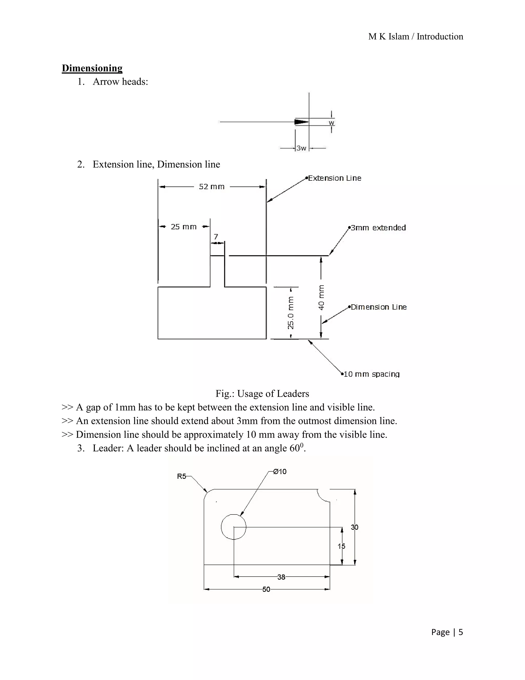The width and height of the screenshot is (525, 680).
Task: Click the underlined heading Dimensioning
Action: tap(92, 68)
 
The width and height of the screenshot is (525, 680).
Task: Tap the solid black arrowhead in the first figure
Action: tap(301, 122)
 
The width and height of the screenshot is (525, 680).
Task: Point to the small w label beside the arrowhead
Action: tap(331, 123)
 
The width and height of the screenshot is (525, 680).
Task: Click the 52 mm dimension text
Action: tap(211, 187)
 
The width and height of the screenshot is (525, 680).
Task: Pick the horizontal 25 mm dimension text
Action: tap(184, 227)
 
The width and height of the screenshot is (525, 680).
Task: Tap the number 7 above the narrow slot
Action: tap(216, 237)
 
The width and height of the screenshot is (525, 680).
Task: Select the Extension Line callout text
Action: tap(335, 178)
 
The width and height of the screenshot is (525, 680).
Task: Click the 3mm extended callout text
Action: tap(378, 228)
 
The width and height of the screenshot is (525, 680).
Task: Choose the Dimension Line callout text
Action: tap(379, 307)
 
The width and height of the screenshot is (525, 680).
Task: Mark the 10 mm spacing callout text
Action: tap(371, 374)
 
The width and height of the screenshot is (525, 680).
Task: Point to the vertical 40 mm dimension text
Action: tap(321, 298)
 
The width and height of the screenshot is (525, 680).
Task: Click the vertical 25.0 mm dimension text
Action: tap(290, 313)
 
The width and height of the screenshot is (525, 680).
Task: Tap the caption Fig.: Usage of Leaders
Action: tap(262, 394)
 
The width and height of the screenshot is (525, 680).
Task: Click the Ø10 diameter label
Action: tap(280, 472)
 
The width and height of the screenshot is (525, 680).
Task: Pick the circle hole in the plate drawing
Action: tap(234, 527)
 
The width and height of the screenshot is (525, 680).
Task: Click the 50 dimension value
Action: tap(266, 589)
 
